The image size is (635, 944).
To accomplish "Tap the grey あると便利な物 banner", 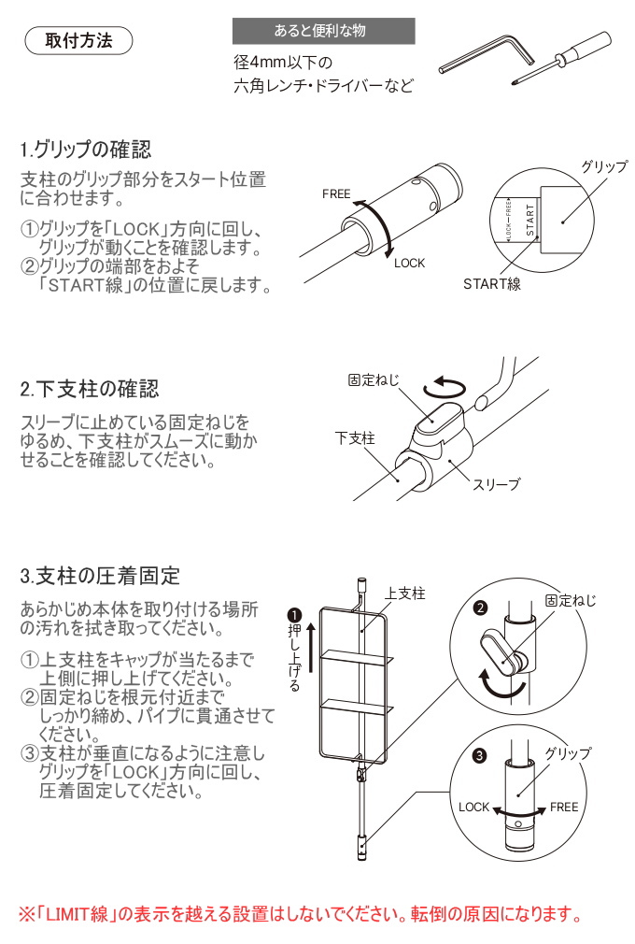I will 323,31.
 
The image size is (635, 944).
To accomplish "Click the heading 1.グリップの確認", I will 86,150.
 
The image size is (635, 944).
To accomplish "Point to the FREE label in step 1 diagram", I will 336,194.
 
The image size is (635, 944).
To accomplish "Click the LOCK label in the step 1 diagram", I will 409,263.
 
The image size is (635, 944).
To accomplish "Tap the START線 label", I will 492,284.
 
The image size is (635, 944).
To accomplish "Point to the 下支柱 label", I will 355,437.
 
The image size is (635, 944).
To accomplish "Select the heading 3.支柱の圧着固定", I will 100,574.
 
